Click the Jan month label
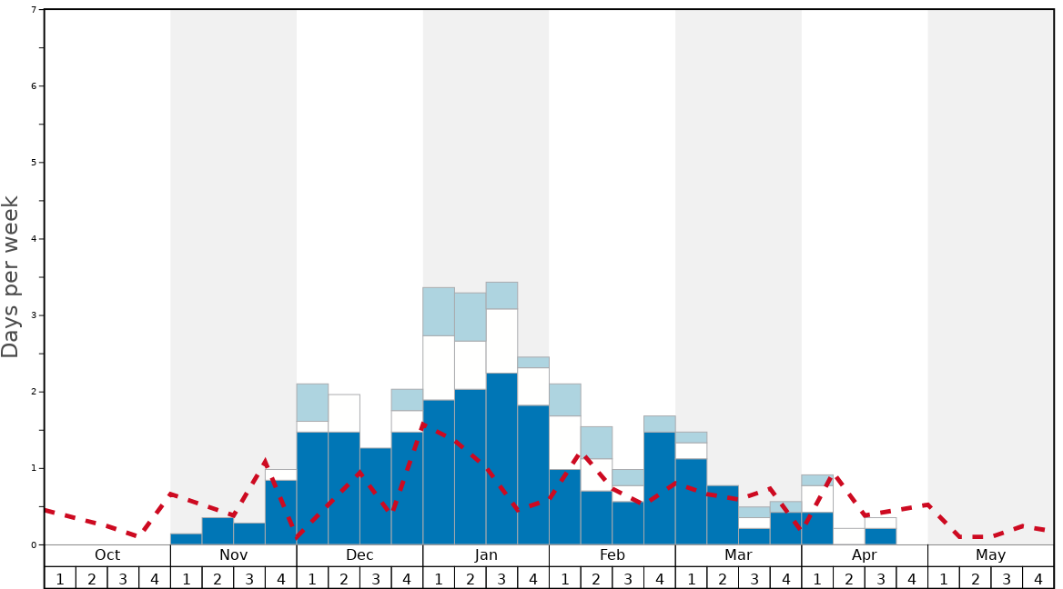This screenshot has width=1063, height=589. [486, 555]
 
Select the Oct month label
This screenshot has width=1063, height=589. [107, 555]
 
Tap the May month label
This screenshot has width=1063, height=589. [990, 555]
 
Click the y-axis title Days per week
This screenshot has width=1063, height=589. [11, 277]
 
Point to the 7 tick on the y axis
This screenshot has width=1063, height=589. [34, 10]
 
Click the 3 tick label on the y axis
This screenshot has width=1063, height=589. [34, 315]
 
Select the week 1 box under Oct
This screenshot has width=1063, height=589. [60, 578]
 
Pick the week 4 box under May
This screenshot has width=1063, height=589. [1038, 578]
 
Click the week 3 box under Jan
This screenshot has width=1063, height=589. [501, 578]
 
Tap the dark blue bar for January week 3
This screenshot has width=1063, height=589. [501, 459]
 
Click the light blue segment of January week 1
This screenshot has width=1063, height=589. [439, 312]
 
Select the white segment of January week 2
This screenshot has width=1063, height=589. [470, 365]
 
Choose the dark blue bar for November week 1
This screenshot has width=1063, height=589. [186, 539]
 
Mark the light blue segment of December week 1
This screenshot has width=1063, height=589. [312, 402]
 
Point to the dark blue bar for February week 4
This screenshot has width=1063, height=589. [659, 488]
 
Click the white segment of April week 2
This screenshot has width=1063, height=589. [848, 536]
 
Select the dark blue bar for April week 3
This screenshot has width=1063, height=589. [880, 536]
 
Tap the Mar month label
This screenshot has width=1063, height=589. [738, 555]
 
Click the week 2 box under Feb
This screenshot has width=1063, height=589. [596, 578]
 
